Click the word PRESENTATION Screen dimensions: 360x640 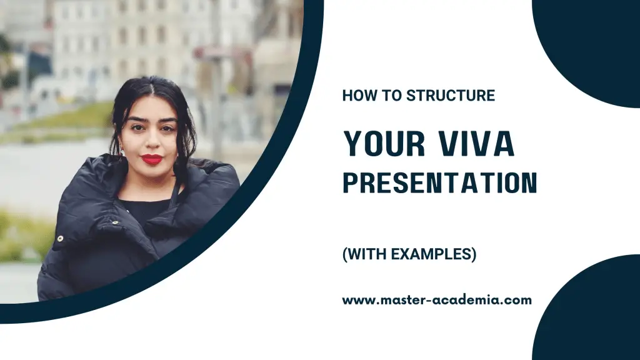[439, 182]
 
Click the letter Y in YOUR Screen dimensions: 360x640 [352, 144]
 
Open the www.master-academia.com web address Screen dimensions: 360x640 [436, 300]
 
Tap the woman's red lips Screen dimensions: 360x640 [151, 159]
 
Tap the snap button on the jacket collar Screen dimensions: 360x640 [114, 222]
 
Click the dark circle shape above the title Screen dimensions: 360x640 [594, 44]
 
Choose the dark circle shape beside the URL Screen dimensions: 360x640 [594, 312]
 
